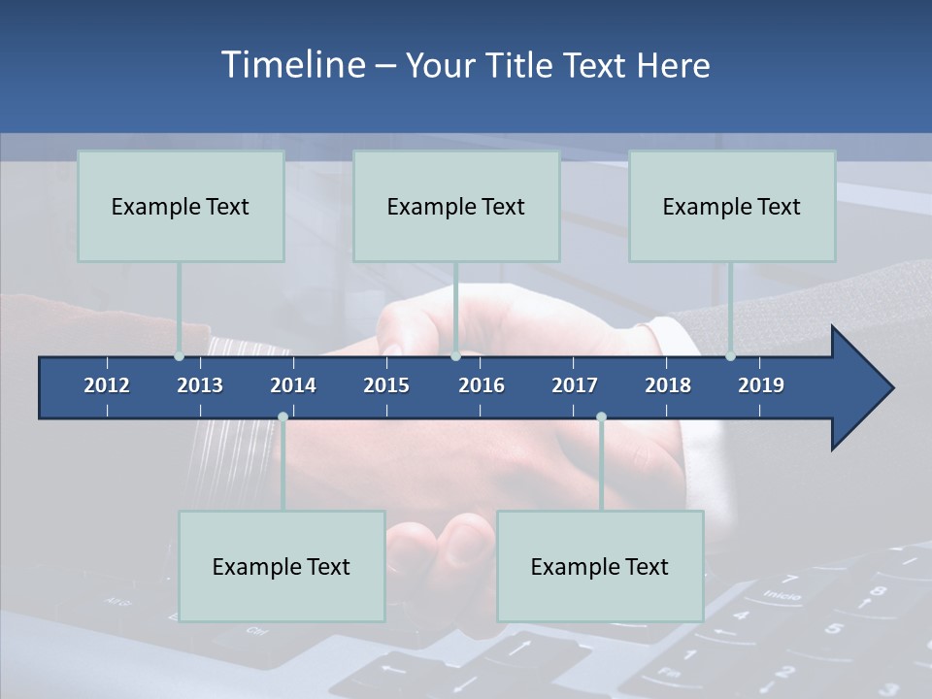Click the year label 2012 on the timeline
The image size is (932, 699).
(107, 385)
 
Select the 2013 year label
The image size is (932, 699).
(200, 385)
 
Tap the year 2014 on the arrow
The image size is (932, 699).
(293, 385)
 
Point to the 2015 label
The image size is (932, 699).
(386, 385)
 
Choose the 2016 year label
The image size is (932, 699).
(482, 385)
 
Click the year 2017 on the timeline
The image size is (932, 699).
(575, 385)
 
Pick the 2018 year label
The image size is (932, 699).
(668, 385)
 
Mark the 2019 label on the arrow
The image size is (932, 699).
(761, 385)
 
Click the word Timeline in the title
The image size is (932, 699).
(292, 65)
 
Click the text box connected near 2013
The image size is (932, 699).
(181, 206)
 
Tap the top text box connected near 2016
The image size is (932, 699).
(456, 206)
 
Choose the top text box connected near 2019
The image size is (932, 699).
(732, 206)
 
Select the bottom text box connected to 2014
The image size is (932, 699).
(282, 566)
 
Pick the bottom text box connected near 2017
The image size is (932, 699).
(600, 566)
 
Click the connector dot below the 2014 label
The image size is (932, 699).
(283, 416)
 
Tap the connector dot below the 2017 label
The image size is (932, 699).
(601, 416)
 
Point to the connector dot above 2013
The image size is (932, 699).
(179, 355)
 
